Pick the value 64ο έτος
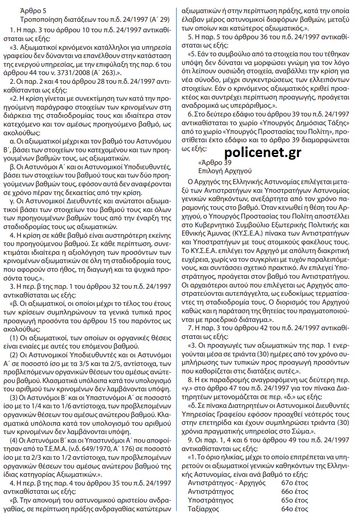(x=295, y=509)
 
